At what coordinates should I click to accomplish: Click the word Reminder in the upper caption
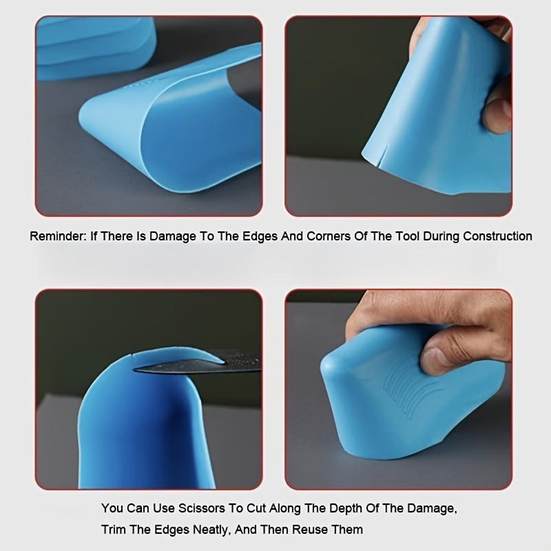tap(58, 236)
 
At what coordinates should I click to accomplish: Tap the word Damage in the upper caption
tap(173, 236)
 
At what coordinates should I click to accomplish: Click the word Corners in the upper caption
tap(329, 236)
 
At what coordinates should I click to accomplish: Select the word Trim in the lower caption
tap(113, 530)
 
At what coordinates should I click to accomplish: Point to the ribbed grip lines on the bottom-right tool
tap(408, 390)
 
